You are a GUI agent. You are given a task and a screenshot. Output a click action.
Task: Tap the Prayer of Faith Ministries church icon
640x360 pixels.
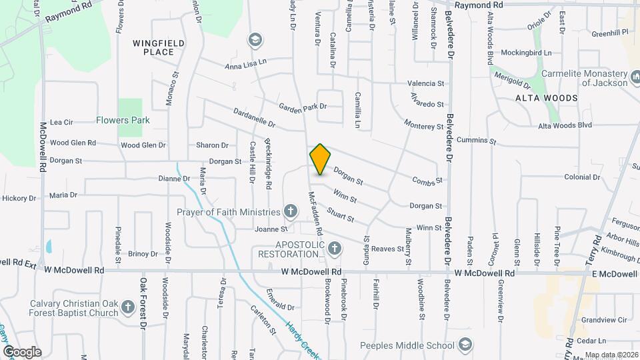click(290, 212)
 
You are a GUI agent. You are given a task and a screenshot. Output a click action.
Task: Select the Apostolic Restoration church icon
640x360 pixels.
click(335, 249)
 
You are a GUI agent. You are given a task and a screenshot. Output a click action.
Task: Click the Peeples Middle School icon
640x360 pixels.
click(465, 345)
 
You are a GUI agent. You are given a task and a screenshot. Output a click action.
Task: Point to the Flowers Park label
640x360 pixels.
click(123, 120)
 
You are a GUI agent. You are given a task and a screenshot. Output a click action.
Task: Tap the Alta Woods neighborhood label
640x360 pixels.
click(546, 98)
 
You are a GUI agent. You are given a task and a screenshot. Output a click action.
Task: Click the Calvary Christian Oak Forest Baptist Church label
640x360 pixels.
click(73, 309)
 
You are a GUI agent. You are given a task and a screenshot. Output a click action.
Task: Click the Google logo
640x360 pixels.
click(22, 351)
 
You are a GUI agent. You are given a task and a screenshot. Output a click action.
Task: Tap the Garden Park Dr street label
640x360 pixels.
click(303, 106)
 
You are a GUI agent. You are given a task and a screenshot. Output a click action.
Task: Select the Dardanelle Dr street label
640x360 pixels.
click(254, 118)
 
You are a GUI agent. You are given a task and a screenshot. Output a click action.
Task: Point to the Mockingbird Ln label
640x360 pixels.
click(526, 52)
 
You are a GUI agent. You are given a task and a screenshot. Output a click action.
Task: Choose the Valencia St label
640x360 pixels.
click(426, 84)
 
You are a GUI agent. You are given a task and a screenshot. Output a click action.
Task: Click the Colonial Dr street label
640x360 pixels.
click(582, 177)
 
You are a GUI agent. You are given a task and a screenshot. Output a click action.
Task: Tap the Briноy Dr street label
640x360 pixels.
click(143, 254)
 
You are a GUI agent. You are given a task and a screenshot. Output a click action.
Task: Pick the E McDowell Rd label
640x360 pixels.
click(611, 274)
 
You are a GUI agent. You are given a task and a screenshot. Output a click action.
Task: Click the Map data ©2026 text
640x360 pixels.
click(611, 355)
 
